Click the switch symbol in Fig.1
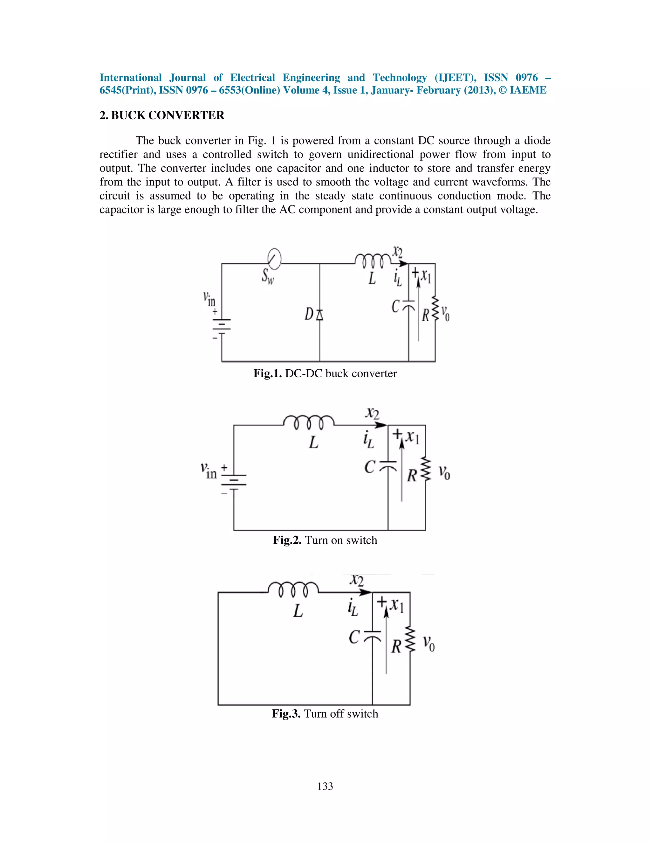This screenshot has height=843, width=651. (x=274, y=259)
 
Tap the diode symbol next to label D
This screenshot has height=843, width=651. (x=320, y=315)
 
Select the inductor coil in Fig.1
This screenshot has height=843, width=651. (x=373, y=261)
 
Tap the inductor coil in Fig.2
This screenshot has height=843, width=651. (x=309, y=422)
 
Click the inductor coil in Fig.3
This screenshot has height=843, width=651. (x=293, y=589)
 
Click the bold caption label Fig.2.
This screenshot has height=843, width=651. (x=287, y=540)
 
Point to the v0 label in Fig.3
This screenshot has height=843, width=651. (x=428, y=643)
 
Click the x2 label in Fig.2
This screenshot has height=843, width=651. (x=372, y=414)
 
